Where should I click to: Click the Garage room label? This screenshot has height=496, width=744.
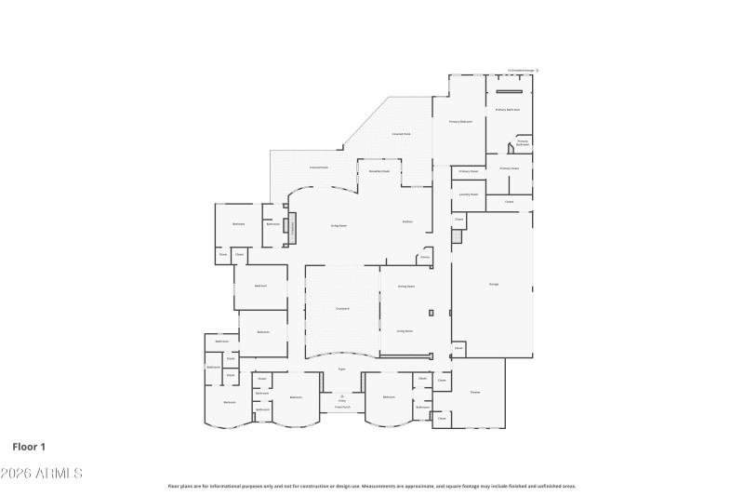[x=493, y=284]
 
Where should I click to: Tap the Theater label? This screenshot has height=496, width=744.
[x=474, y=392]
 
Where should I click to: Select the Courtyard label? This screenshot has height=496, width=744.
[x=342, y=308]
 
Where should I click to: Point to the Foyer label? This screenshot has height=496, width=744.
[x=342, y=369]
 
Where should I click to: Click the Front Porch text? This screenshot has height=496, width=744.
[x=342, y=407]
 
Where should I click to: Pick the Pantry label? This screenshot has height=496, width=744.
[x=424, y=257]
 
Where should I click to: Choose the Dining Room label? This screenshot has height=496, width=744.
[x=405, y=287]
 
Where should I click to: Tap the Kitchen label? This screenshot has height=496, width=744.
[x=407, y=221]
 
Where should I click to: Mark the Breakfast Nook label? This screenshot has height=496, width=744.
[x=379, y=172]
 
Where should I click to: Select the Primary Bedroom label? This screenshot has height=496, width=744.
[x=461, y=122]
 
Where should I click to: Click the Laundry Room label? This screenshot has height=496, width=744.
[x=468, y=194]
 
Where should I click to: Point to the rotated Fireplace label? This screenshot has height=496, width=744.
[x=293, y=226]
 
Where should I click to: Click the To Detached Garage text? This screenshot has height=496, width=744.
[x=521, y=70]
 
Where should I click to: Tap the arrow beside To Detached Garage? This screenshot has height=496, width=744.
[x=538, y=70]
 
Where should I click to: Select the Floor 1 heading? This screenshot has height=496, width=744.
[x=29, y=447]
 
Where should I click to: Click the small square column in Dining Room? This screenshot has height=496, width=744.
[x=431, y=312]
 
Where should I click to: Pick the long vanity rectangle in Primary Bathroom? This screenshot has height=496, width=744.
[x=508, y=91]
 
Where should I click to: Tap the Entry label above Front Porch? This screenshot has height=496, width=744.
[x=342, y=400]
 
